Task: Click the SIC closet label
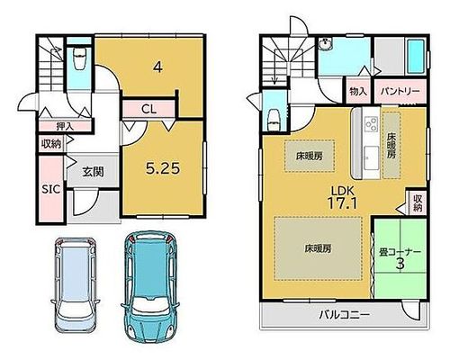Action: (50, 189)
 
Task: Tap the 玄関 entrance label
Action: (93, 172)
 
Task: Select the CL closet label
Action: (149, 109)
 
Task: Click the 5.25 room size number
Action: (163, 168)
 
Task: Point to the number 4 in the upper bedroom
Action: (157, 67)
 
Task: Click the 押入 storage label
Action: (65, 126)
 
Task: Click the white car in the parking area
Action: (75, 284)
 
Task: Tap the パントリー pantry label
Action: (400, 91)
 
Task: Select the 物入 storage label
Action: (358, 91)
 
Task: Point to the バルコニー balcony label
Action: (344, 315)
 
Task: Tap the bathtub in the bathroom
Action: (416, 57)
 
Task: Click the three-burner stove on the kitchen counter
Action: (371, 123)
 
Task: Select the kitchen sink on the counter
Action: (372, 159)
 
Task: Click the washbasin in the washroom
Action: (326, 44)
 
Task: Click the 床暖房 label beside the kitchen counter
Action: (391, 146)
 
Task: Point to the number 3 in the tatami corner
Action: (400, 264)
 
